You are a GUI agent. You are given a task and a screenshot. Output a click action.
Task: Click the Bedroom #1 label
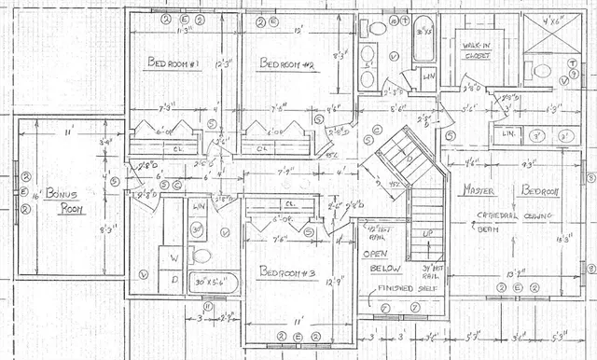(x=173, y=62)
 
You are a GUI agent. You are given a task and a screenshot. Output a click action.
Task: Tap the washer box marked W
(x=173, y=255)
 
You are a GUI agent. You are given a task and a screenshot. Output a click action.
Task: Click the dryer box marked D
(x=173, y=277)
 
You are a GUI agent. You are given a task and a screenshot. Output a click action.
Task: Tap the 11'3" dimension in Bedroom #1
(x=184, y=28)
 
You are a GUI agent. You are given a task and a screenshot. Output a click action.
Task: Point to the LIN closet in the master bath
(x=509, y=134)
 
